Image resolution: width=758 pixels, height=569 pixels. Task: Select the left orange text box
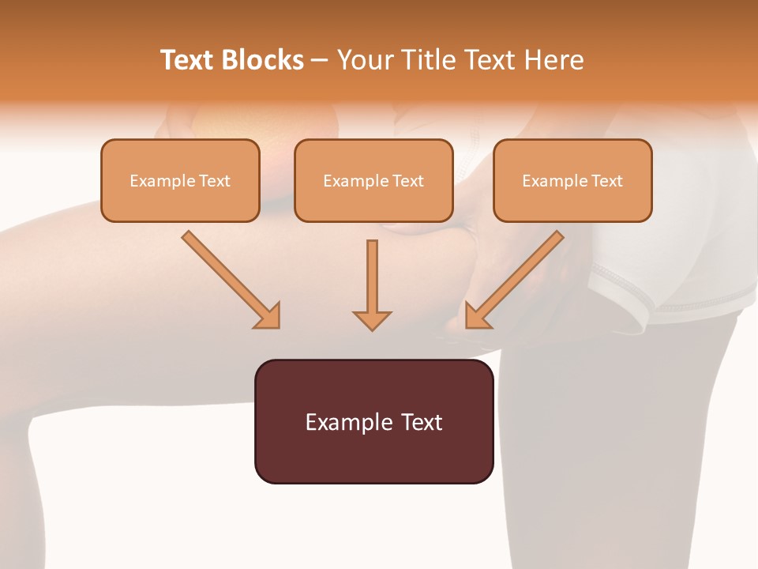(180, 180)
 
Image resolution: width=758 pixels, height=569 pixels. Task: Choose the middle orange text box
(373, 180)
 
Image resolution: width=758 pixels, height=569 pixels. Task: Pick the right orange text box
(572, 180)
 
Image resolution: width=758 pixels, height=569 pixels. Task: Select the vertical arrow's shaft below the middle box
(372, 273)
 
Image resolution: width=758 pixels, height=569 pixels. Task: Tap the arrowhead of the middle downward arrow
(372, 320)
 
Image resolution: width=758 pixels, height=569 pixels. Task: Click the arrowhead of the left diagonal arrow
(268, 316)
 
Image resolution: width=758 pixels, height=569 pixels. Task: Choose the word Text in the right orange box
(606, 181)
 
